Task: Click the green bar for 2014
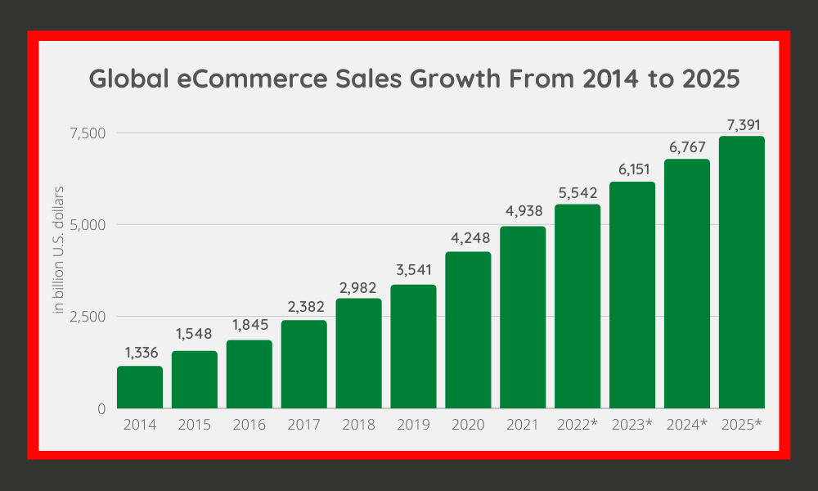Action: click(140, 387)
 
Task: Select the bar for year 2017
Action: click(304, 364)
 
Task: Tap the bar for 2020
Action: click(468, 330)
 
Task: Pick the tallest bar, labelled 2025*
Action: click(742, 273)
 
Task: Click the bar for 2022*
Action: click(578, 306)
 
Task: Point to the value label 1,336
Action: click(141, 353)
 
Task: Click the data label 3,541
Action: click(413, 271)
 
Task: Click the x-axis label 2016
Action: click(249, 426)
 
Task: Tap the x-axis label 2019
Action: click(413, 426)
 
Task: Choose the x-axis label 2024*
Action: click(687, 426)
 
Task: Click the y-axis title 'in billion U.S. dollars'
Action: click(59, 250)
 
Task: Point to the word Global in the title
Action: click(121, 79)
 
